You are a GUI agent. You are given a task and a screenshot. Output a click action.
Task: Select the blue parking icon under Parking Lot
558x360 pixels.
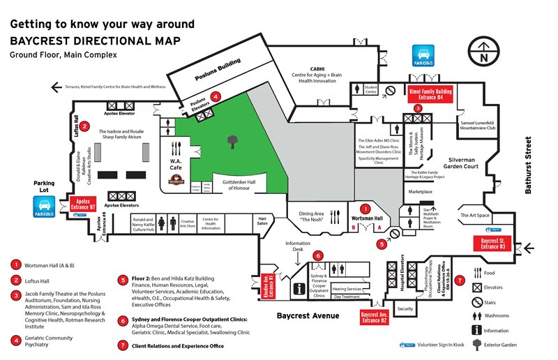pos(43,207)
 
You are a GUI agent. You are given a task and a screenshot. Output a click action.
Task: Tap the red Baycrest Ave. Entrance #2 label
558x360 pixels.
pos(375,317)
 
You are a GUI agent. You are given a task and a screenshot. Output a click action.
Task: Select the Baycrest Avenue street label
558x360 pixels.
pos(308,316)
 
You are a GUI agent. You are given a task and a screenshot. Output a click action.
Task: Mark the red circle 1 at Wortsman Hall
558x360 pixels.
pos(364,208)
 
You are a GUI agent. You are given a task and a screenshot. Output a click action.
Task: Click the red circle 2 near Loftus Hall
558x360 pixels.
pos(84,126)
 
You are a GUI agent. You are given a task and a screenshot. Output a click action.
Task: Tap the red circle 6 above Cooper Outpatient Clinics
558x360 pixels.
pos(318,255)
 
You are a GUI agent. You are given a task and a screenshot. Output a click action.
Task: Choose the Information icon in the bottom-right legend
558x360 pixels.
pos(476,329)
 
